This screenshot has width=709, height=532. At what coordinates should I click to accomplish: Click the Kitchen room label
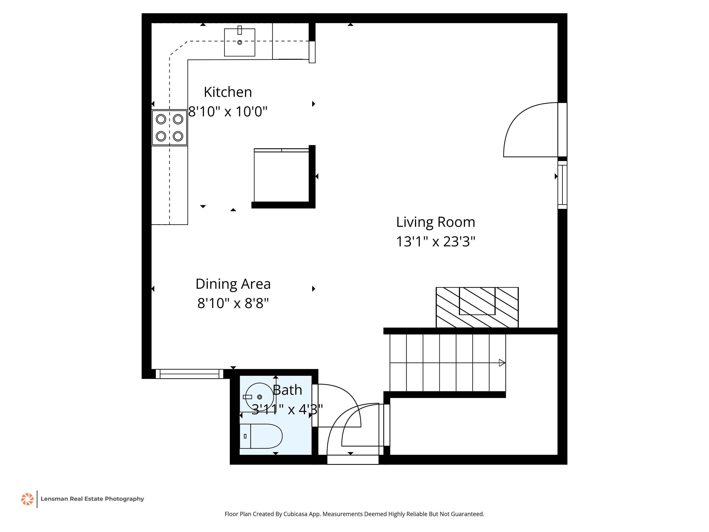(x=228, y=92)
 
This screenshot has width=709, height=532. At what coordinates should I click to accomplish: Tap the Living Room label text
(x=436, y=222)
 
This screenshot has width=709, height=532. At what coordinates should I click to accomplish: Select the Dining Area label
(x=233, y=284)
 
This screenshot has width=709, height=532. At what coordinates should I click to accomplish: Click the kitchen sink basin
(x=239, y=42)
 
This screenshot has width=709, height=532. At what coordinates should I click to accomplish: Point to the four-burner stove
(x=169, y=128)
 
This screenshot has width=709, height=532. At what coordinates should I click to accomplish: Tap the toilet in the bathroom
(x=261, y=436)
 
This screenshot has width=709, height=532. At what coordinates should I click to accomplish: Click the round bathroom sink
(x=259, y=397)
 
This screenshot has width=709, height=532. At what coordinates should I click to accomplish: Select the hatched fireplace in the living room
(x=477, y=307)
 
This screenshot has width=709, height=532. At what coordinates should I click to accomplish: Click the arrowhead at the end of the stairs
(x=502, y=363)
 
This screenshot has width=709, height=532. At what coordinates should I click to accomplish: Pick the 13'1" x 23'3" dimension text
(x=436, y=242)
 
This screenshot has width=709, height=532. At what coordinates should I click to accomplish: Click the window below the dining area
(x=189, y=374)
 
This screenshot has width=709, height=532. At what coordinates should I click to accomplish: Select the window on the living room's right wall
(x=562, y=185)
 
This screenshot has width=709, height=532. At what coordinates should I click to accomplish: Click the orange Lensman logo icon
(x=27, y=499)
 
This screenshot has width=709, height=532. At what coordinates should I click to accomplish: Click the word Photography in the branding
(x=124, y=499)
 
